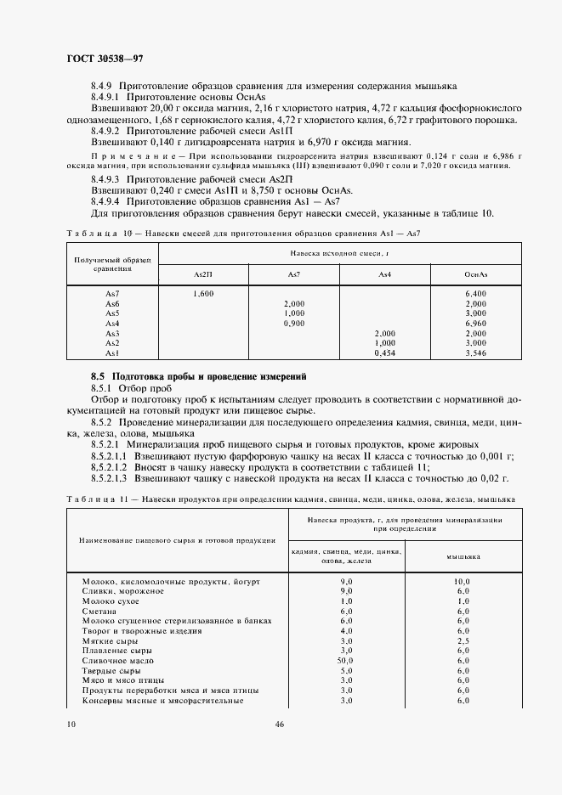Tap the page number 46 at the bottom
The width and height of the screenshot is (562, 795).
[280, 725]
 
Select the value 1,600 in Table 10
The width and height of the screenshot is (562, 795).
[203, 293]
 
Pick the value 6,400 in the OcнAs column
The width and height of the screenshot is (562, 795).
[475, 293]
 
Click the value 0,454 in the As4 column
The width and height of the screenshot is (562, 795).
[384, 352]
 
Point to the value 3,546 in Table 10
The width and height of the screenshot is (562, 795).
[475, 352]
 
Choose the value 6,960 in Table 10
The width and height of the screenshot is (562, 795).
[475, 323]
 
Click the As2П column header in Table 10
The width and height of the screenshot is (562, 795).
[203, 273]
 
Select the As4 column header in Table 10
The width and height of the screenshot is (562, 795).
[384, 273]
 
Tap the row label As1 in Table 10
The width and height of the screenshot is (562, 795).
[111, 352]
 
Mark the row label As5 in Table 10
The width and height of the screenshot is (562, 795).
[111, 313]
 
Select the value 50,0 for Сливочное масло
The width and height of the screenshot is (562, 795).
[346, 660]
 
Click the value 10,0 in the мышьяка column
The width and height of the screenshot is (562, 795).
[463, 579]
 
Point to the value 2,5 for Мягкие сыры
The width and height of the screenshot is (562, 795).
[463, 640]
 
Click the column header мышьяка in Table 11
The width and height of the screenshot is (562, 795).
[463, 556]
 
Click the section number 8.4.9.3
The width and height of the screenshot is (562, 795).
[106, 181]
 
